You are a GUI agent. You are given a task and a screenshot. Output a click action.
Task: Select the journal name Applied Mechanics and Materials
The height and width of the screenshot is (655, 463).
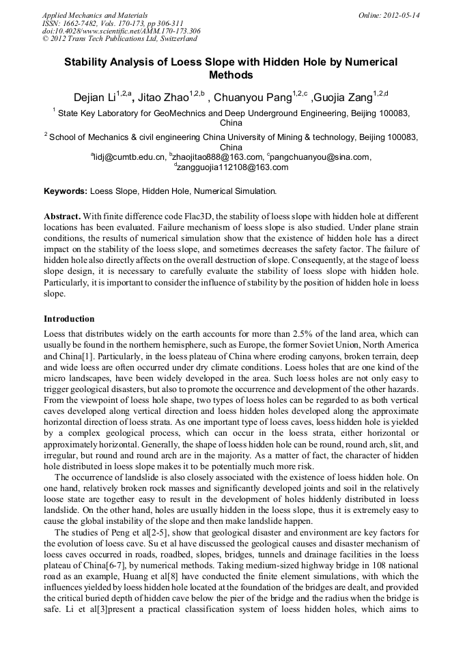coord(95,14)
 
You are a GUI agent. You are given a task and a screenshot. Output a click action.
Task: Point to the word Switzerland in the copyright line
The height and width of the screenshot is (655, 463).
coord(173,39)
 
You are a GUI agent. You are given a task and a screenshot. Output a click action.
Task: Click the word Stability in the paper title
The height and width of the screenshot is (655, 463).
coord(89,61)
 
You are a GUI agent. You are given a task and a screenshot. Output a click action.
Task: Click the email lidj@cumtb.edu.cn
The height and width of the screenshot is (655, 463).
coord(130,157)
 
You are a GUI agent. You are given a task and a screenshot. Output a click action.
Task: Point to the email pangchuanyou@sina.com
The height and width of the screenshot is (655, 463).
coord(320,157)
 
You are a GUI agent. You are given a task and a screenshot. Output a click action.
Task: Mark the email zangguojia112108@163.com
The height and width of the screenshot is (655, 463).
coord(232,167)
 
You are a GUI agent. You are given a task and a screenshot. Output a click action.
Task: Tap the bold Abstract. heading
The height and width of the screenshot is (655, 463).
coord(63,216)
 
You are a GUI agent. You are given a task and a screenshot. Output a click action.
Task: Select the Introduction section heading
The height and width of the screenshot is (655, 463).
coord(69,319)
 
